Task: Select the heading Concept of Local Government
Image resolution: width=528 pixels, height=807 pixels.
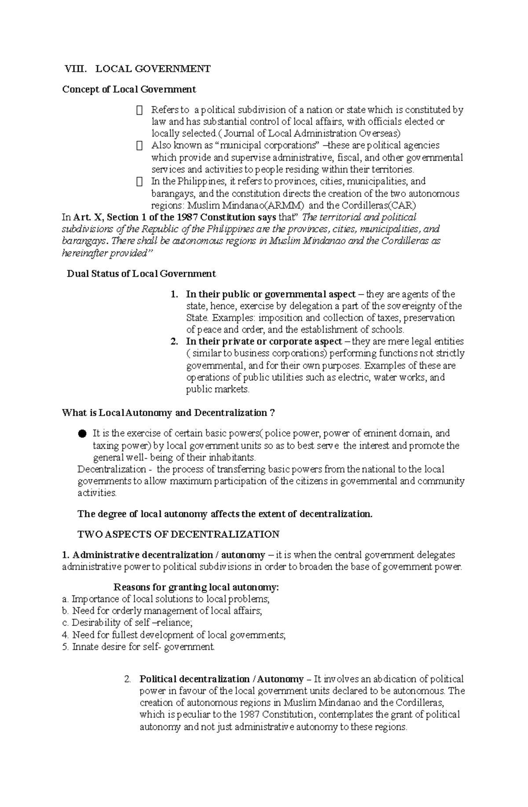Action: coord(129,89)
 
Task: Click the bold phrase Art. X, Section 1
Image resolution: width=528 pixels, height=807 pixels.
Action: coord(103,217)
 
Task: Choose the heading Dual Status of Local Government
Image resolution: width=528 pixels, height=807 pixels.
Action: coord(141,274)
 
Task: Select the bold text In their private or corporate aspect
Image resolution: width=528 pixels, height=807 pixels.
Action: coord(264,342)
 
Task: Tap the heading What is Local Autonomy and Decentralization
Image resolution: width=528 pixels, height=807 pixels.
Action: coord(169,413)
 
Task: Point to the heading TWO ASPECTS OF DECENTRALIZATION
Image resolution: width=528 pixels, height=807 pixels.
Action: coord(178,534)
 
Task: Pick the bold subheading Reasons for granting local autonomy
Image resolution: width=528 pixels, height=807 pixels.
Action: coord(196,587)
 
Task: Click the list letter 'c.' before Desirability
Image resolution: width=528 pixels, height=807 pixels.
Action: coord(66,623)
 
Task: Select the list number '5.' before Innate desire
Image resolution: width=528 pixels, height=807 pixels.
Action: coord(66,647)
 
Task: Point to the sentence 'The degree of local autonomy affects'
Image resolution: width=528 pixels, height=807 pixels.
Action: coord(225,514)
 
